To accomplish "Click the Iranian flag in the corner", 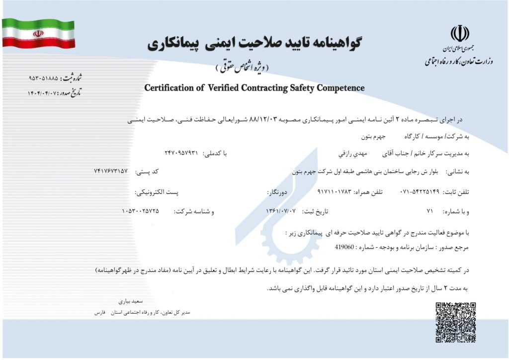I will point(38,33).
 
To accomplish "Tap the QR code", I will point(456,322).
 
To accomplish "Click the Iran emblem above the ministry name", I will point(459,35).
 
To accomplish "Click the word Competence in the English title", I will point(338,88).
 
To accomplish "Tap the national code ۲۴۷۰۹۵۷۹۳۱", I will point(181,151).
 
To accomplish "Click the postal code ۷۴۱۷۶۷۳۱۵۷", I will point(110,171).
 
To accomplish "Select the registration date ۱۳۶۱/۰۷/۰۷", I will point(281,211).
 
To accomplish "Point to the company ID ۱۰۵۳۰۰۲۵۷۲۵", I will point(140,211).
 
